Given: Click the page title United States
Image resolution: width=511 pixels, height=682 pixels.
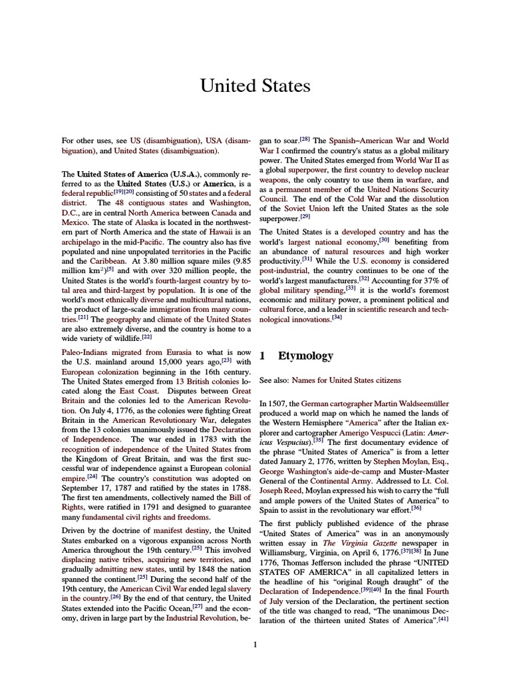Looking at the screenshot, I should coord(255,86).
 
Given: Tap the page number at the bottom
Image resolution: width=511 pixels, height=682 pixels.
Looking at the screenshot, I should coord(255,644).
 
